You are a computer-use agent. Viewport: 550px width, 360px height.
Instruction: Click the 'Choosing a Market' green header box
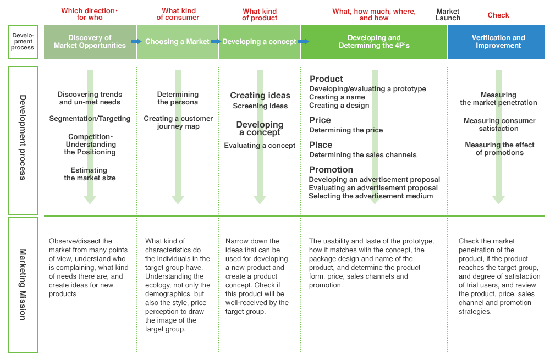tap(177, 42)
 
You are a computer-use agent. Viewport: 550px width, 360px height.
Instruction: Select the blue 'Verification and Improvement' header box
tap(498, 42)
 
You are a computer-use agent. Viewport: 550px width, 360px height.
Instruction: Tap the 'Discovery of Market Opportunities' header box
tap(90, 42)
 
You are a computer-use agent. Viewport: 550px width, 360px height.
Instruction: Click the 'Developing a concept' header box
tap(259, 42)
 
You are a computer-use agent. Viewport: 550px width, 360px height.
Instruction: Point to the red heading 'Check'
tap(498, 15)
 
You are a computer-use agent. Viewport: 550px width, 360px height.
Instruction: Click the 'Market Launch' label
tap(448, 14)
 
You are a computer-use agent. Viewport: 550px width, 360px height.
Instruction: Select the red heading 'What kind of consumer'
tap(178, 14)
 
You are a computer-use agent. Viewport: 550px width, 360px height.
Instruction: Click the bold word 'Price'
tap(320, 120)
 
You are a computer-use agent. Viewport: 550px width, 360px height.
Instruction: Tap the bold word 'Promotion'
tap(331, 170)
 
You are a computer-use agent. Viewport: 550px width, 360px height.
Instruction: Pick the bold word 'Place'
tap(321, 145)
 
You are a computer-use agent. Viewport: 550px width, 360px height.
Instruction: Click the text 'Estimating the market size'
tap(90, 174)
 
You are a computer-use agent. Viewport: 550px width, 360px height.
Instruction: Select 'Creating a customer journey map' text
tap(178, 123)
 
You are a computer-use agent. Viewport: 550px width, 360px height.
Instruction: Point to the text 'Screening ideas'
tap(260, 106)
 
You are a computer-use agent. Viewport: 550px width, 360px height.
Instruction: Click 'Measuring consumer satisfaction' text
tap(499, 125)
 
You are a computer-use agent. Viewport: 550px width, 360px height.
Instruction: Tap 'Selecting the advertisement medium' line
tap(371, 196)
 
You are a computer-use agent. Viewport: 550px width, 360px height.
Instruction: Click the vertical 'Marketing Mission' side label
tap(23, 284)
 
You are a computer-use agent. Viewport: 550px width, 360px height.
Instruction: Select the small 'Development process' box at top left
tap(23, 42)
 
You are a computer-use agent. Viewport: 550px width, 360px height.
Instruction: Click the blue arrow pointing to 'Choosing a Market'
tap(136, 42)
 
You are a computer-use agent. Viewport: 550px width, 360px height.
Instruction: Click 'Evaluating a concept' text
tap(260, 146)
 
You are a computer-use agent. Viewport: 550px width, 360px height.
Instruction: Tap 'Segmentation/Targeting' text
tap(90, 119)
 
